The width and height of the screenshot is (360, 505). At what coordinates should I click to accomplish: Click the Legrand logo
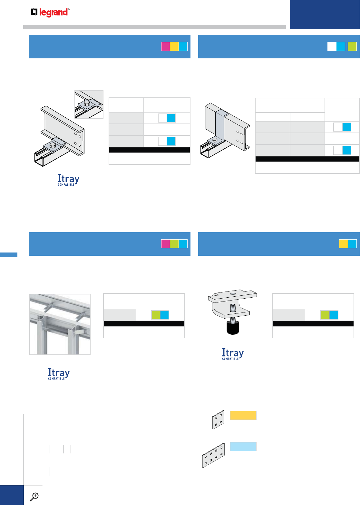[50, 13]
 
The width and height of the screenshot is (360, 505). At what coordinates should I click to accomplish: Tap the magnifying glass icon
[34, 497]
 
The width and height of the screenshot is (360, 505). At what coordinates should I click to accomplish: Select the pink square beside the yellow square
[165, 46]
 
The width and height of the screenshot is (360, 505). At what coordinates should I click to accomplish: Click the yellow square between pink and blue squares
[174, 46]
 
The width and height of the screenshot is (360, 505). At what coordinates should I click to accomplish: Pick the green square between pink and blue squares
[174, 244]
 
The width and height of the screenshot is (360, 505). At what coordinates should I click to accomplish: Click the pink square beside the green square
[165, 244]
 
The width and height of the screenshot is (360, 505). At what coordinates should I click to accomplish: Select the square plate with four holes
[218, 420]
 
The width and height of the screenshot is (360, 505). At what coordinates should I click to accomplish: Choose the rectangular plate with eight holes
[213, 455]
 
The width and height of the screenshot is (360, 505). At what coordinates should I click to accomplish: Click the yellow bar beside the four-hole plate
[243, 415]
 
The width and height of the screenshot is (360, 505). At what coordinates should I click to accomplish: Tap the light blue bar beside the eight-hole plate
[243, 447]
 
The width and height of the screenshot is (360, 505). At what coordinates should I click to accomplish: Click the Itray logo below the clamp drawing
[233, 354]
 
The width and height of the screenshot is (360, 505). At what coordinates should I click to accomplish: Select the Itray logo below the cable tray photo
[59, 374]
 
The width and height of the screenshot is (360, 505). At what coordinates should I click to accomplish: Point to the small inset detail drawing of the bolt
[89, 104]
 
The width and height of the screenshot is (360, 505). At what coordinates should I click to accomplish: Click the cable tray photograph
[60, 324]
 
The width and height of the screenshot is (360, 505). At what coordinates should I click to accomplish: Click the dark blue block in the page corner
[325, 14]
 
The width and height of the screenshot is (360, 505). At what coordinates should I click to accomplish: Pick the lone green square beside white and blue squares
[352, 46]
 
